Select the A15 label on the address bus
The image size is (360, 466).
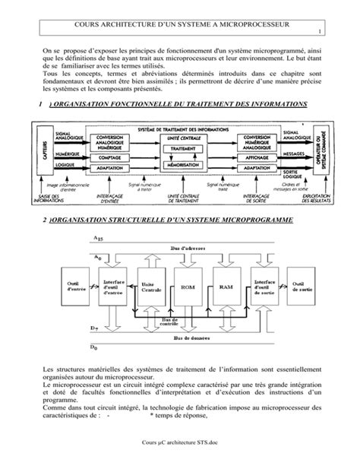(98, 238)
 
